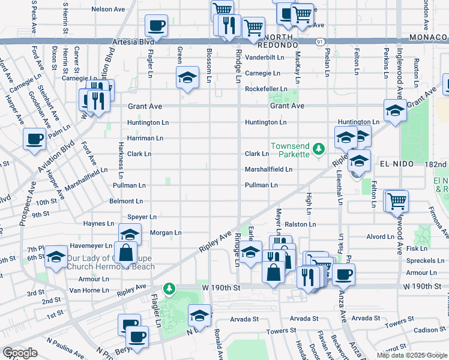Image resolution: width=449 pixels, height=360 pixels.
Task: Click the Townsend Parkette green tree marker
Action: tap(320, 148)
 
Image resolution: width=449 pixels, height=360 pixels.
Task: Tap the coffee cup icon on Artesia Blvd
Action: tap(156, 27)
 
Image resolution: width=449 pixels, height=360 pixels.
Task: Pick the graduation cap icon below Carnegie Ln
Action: tap(187, 78)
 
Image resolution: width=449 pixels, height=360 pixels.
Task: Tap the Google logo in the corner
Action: tap(20, 353)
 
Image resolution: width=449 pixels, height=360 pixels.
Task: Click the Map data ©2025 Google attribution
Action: tap(411, 355)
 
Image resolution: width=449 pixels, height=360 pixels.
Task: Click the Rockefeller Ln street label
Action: tap(266, 89)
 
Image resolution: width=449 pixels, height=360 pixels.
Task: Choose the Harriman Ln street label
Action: tap(145, 138)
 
